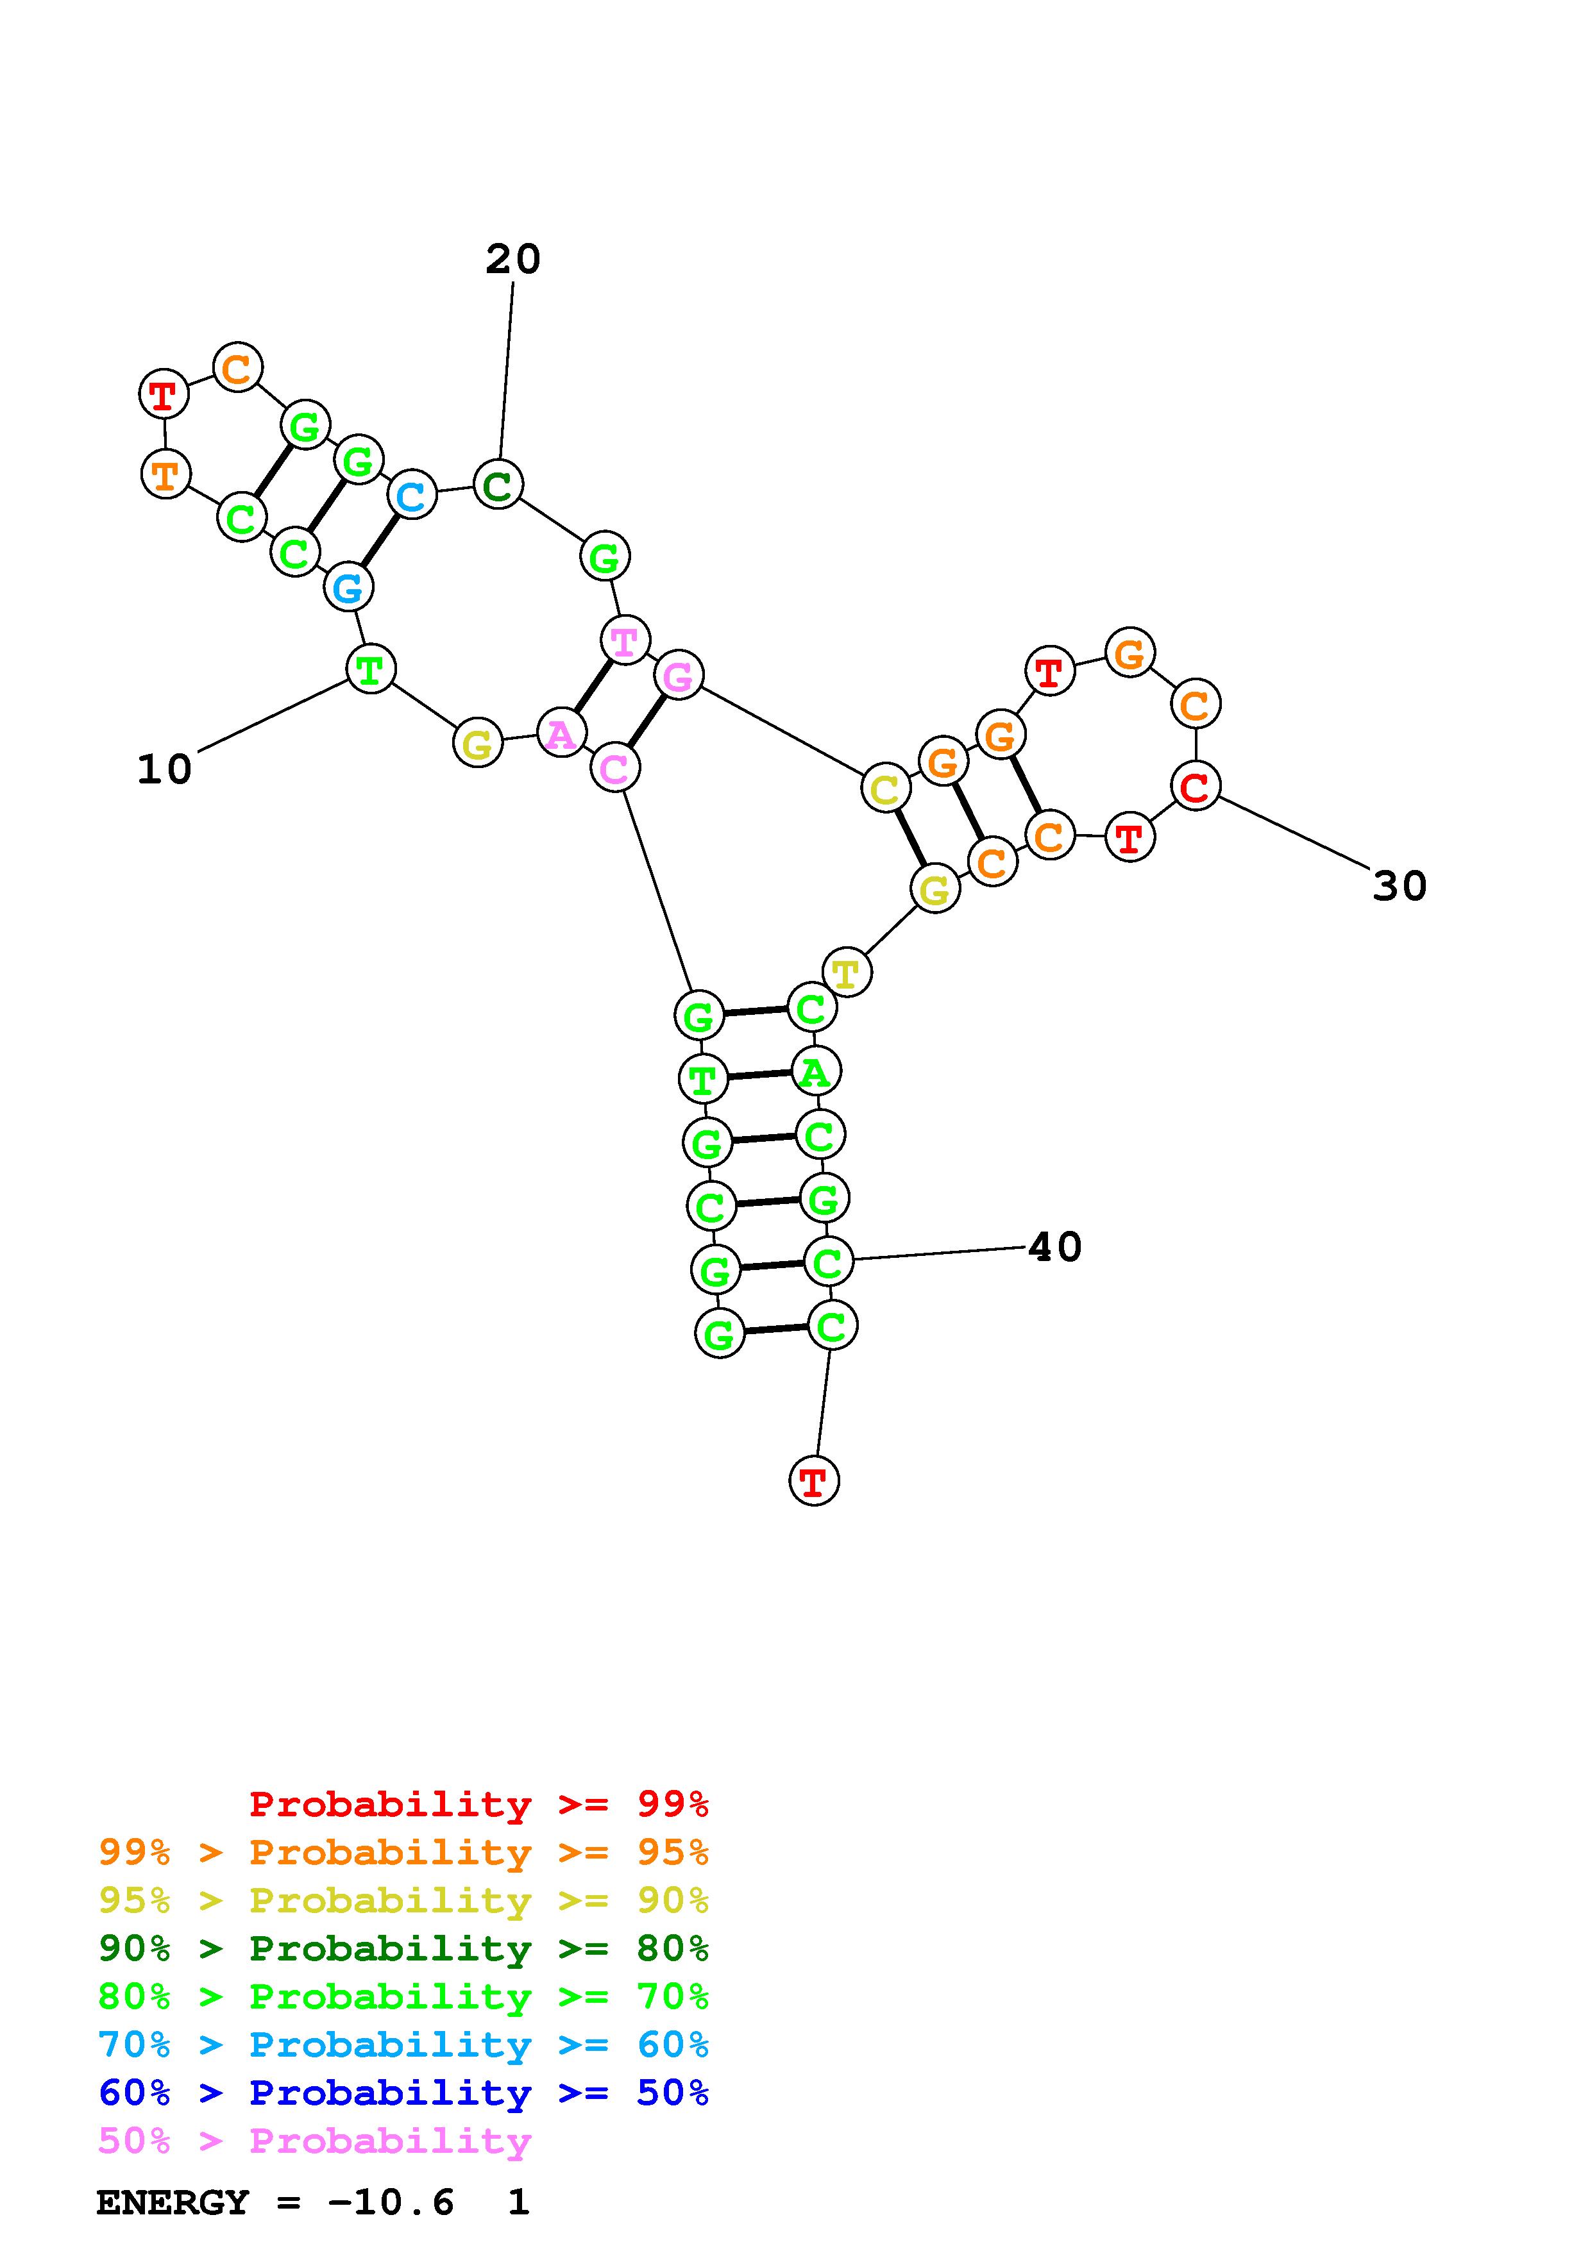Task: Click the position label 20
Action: click(x=512, y=260)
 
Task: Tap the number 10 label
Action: click(x=164, y=770)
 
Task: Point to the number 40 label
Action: click(x=1055, y=1247)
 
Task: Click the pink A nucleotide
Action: click(x=561, y=733)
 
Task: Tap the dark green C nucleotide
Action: click(x=498, y=484)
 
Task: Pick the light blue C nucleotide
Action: click(x=412, y=495)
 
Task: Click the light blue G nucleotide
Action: click(x=348, y=588)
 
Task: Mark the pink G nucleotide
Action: click(x=678, y=675)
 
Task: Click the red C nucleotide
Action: click(x=1195, y=785)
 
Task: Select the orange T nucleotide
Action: click(x=165, y=475)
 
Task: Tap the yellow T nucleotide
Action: click(x=847, y=973)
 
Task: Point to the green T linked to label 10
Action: click(x=370, y=670)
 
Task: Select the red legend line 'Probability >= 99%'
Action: click(x=478, y=1803)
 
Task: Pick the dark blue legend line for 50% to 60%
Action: click(x=403, y=2093)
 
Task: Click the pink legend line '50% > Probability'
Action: click(x=314, y=2141)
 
